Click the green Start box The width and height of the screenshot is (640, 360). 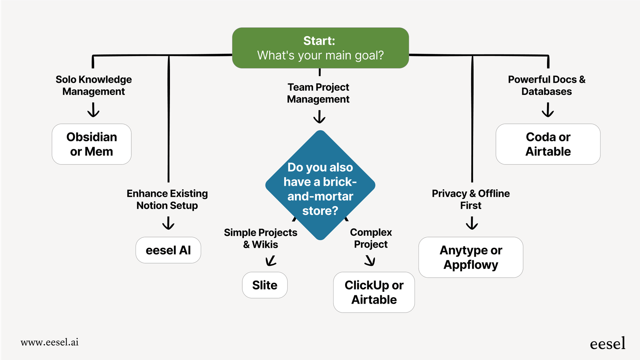pos(320,48)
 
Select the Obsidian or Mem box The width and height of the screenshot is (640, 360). pos(91,144)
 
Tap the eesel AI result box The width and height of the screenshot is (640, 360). pos(168,250)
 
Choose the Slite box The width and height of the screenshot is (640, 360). pos(265,285)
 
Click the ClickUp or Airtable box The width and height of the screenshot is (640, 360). pos(374,292)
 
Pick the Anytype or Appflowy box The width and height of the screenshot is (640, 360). pos(470,258)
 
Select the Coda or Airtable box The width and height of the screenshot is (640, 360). pos(548,144)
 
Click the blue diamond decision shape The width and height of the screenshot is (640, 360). pos(320,186)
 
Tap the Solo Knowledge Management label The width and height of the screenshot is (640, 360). pos(94,85)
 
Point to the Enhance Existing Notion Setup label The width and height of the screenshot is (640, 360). pos(167,199)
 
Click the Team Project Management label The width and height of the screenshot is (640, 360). pos(318,93)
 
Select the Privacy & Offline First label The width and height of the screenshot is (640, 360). pos(470,199)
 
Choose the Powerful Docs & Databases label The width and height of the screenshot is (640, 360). pos(547,85)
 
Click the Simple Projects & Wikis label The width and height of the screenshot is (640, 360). pos(261,238)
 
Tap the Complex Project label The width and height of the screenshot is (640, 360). pos(371,238)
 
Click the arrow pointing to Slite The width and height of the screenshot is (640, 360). pos(271,261)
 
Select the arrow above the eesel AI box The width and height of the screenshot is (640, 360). pos(168,223)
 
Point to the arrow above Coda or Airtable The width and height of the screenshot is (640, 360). pos(548,110)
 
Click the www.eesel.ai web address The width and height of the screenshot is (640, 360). pos(50,342)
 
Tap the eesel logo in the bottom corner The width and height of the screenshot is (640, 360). pos(607,344)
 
